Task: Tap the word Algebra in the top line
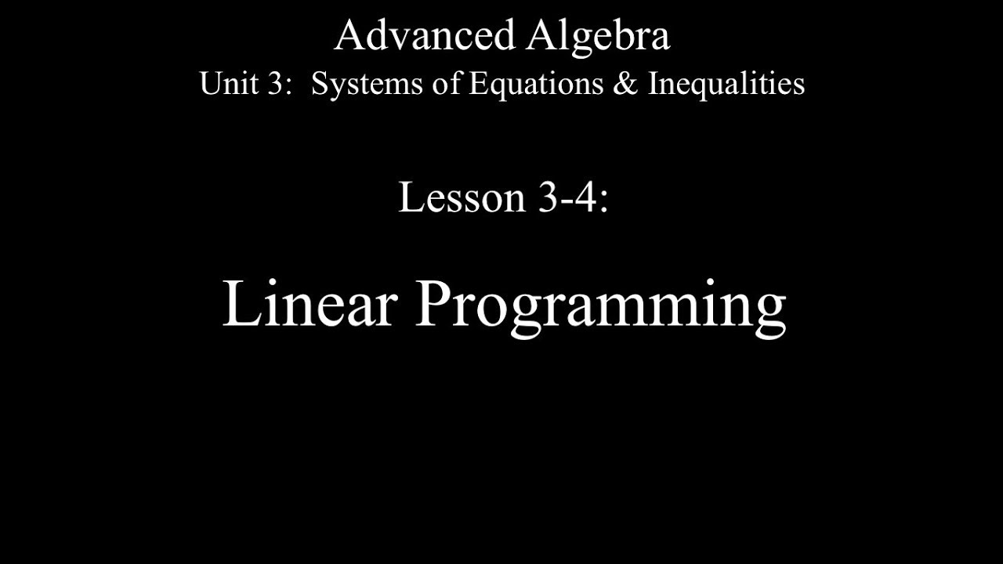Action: pyautogui.click(x=598, y=36)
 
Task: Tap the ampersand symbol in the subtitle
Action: pyautogui.click(x=625, y=84)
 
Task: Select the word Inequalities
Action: pyautogui.click(x=726, y=84)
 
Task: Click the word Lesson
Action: pyautogui.click(x=462, y=197)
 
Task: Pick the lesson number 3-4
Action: pyautogui.click(x=565, y=197)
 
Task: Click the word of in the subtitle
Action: pyautogui.click(x=447, y=84)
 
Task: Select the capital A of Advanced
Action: pyautogui.click(x=350, y=36)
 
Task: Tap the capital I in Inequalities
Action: pyautogui.click(x=653, y=84)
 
